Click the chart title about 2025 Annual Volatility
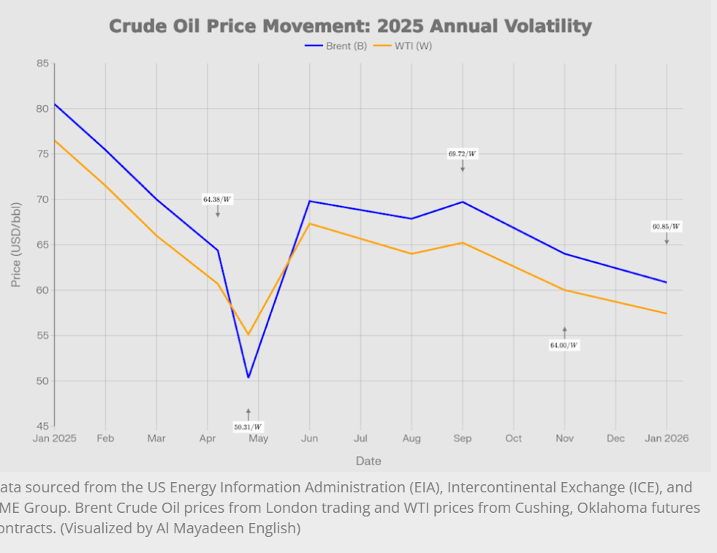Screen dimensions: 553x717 (x=350, y=26)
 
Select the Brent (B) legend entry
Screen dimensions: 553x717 (x=335, y=45)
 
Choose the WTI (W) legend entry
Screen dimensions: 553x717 (x=403, y=45)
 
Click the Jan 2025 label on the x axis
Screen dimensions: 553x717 (x=54, y=438)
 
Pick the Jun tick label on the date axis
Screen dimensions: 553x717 (x=309, y=438)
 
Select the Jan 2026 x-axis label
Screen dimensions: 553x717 (x=666, y=438)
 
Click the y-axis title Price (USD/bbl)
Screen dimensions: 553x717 (x=16, y=245)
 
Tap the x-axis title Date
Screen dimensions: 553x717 (x=368, y=461)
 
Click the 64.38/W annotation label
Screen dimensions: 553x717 (x=217, y=199)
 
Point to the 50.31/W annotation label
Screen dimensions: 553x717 (x=248, y=427)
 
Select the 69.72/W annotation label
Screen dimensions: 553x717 (x=462, y=154)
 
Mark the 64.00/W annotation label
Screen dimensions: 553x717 (x=564, y=345)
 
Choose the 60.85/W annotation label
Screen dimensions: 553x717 (x=666, y=226)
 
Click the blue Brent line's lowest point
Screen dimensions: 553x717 (x=249, y=378)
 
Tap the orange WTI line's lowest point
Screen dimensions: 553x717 (x=249, y=335)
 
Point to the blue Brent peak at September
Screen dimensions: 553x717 (x=462, y=202)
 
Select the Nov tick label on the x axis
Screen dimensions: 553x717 (x=564, y=438)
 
